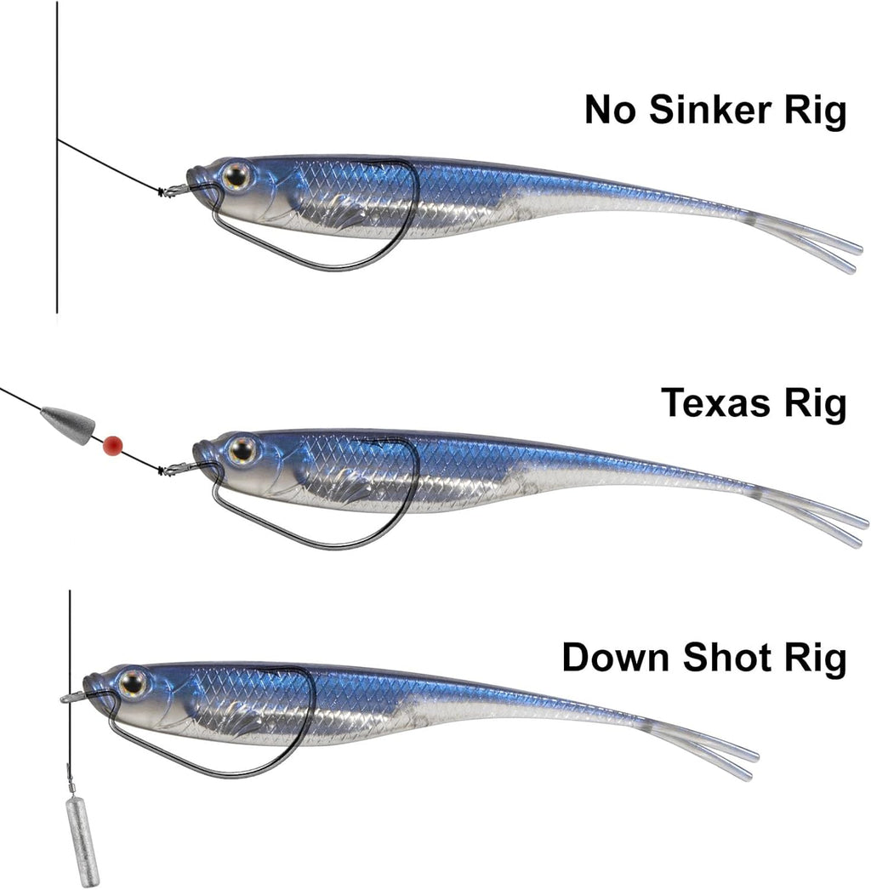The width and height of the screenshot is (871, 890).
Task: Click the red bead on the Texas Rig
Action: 111,444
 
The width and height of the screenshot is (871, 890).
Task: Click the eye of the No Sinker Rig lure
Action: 236,176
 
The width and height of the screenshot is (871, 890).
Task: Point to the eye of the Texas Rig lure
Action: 242,449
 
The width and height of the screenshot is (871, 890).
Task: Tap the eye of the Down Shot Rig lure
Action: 133,682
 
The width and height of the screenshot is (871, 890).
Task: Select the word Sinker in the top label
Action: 714,111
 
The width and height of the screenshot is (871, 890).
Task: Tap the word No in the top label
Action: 609,111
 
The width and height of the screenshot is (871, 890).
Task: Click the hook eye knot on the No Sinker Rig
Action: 170,191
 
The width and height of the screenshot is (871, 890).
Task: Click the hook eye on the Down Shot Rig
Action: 71,697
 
